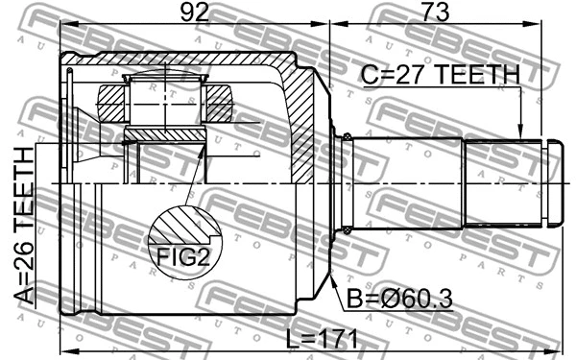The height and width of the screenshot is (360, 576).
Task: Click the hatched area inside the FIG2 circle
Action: (177, 228)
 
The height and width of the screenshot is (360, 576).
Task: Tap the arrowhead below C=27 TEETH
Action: (519, 135)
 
